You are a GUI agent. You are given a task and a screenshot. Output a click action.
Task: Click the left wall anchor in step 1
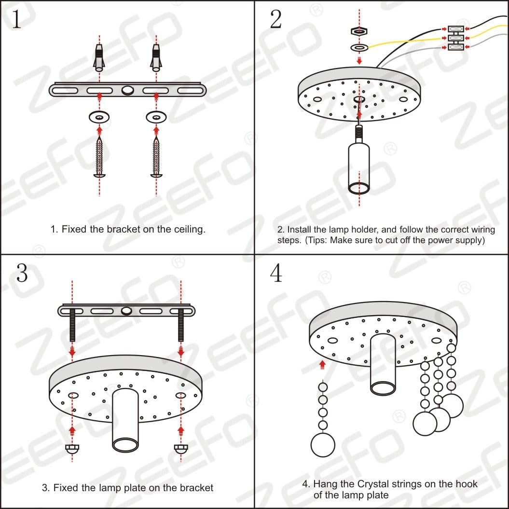(99, 57)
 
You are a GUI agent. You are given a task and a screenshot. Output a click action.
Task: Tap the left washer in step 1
(99, 117)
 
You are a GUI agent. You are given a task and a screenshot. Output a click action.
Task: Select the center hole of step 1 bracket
(128, 90)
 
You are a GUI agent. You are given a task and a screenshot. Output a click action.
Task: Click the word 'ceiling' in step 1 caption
(188, 229)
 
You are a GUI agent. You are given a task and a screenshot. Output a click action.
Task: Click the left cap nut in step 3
(72, 448)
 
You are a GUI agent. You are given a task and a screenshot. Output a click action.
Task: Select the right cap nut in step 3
(181, 448)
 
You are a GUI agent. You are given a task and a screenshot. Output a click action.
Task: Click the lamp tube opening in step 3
(125, 444)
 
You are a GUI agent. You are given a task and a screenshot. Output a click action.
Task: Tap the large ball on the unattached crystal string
(323, 444)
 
